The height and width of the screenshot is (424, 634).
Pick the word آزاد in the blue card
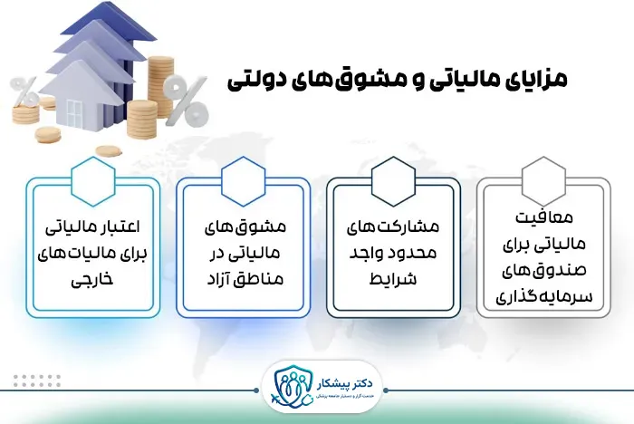tap(217, 278)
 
